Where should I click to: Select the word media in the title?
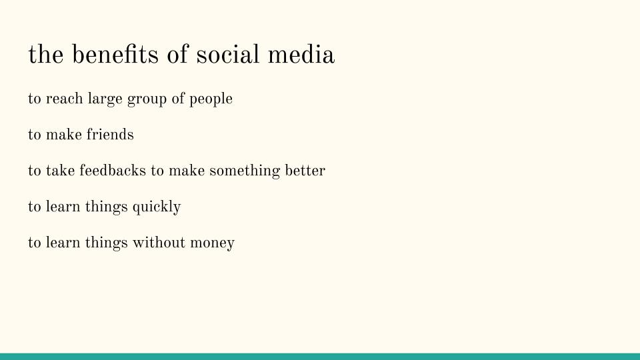coord(301,55)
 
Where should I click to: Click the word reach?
coord(64,99)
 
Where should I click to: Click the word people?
coord(211,99)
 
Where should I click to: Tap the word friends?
coord(110,135)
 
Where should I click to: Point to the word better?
coord(305,171)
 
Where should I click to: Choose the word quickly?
coord(157,207)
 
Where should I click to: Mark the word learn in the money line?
coord(62,243)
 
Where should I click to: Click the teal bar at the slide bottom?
coord(320,356)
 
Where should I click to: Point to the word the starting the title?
coord(45,55)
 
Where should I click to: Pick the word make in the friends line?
coord(63,135)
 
